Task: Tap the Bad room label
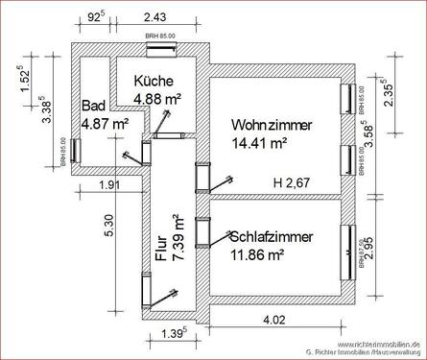click(92, 107)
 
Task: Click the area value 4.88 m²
click(158, 98)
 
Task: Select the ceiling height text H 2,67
click(293, 182)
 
